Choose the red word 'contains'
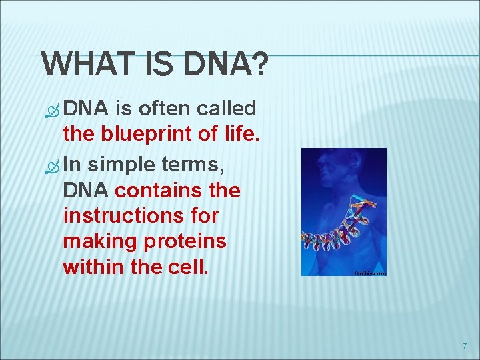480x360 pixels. coord(157,190)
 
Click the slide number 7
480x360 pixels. coord(464,346)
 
